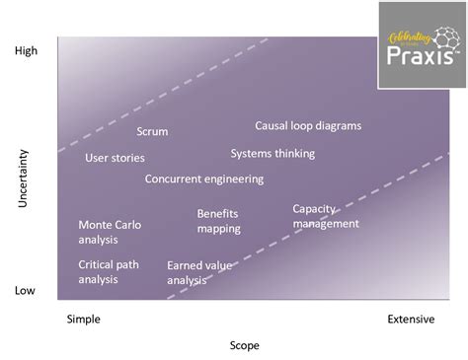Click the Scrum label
[152, 131]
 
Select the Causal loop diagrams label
[308, 125]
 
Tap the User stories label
[115, 158]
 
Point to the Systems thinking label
[273, 153]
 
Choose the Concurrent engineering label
[204, 179]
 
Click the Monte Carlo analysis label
[110, 231]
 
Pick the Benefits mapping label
[218, 220]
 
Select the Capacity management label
[326, 215]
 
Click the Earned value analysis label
[200, 272]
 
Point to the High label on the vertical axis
[27, 50]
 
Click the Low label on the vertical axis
[26, 290]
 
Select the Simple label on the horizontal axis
[83, 319]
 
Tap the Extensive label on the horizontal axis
[411, 319]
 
